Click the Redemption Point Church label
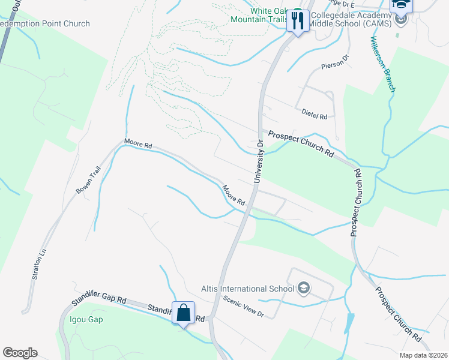(x=44, y=24)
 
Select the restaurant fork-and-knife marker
(x=298, y=21)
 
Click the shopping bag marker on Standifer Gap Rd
(x=183, y=313)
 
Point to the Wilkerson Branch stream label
(x=382, y=64)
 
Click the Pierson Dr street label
(x=335, y=61)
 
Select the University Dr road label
(x=259, y=161)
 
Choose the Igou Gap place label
(x=87, y=319)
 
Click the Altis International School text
(x=256, y=289)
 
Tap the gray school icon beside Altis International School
(x=303, y=289)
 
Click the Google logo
(x=20, y=353)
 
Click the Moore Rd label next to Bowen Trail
(x=138, y=145)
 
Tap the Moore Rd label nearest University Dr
(x=234, y=195)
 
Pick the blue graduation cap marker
(x=400, y=5)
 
